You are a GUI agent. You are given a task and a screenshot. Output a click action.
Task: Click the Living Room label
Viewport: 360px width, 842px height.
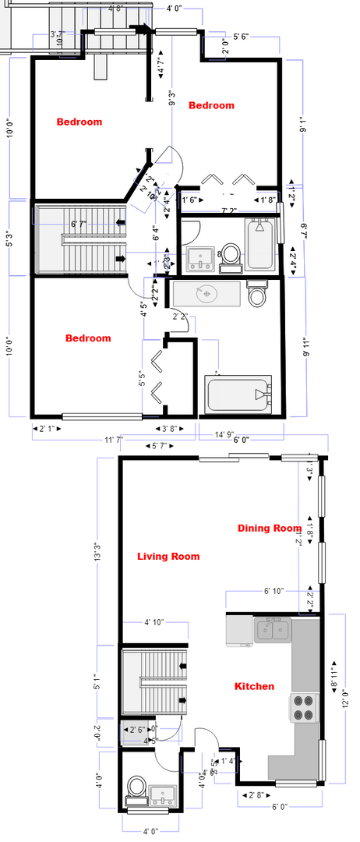click(x=168, y=557)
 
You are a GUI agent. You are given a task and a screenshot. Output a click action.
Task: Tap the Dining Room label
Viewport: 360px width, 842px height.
click(x=270, y=529)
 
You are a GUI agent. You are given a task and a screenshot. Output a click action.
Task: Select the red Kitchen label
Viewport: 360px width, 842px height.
click(x=254, y=686)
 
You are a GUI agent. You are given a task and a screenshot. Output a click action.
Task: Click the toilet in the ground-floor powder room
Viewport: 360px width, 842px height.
click(x=136, y=787)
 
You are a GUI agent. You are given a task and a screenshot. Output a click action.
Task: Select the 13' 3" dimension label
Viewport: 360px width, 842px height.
click(x=98, y=552)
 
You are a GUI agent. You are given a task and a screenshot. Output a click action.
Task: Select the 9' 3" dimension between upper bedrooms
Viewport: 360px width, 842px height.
click(x=171, y=100)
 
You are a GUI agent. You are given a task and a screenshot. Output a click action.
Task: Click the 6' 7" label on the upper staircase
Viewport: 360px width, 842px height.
click(x=79, y=225)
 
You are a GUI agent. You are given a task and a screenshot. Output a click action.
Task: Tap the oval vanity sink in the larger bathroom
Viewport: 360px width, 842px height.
click(x=206, y=294)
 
